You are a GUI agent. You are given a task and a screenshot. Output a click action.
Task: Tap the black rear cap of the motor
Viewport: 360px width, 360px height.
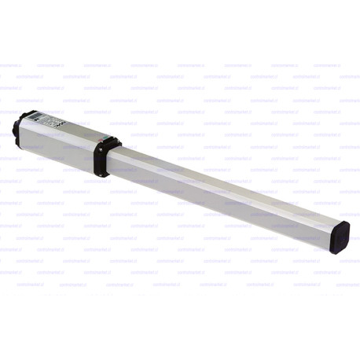(18, 130)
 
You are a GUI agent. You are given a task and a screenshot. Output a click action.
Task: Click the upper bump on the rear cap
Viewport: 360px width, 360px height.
(17, 122)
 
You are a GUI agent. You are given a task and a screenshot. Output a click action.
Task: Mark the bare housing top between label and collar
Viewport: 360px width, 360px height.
(83, 131)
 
